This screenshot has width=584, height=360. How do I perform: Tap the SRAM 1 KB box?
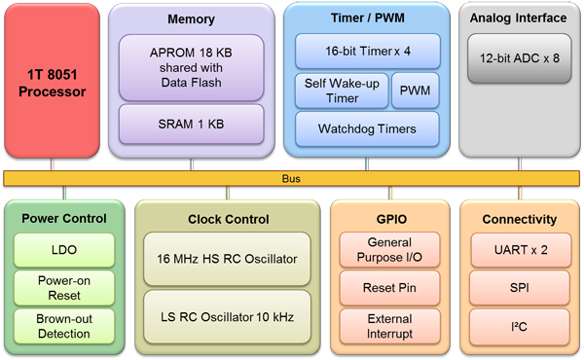point(192,125)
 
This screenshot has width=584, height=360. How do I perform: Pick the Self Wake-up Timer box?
point(340,91)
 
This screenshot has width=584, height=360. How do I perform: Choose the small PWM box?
point(417,91)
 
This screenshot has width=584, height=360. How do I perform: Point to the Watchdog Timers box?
point(367,128)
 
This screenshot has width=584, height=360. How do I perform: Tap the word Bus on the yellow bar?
point(291,179)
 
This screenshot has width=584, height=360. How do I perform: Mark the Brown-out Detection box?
point(63,326)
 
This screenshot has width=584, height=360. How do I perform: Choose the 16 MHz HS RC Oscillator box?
point(226,259)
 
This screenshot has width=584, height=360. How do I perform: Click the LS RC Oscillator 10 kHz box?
point(226,316)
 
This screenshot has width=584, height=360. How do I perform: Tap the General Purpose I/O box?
point(389,250)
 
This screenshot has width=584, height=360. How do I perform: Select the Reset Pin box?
point(389,289)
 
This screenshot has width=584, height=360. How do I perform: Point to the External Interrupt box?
point(389,326)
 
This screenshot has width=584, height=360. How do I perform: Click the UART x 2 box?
point(521,250)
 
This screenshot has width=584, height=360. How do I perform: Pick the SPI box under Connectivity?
point(521,289)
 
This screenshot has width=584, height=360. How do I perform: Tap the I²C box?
point(521,326)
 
